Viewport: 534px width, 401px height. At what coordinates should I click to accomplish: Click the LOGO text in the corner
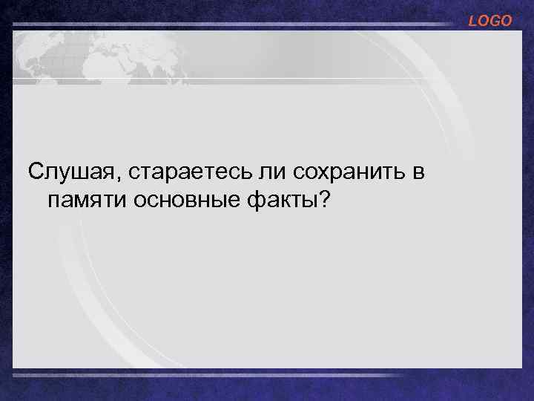[x=489, y=22]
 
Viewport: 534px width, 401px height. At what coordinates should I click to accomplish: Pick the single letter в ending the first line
[x=418, y=173]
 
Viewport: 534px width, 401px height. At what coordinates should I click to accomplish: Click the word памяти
[x=86, y=200]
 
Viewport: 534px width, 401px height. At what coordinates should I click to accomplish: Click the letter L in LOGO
[x=472, y=22]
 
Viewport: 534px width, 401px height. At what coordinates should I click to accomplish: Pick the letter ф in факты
[x=261, y=200]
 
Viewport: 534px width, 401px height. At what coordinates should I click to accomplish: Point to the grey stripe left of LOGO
[x=237, y=25]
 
